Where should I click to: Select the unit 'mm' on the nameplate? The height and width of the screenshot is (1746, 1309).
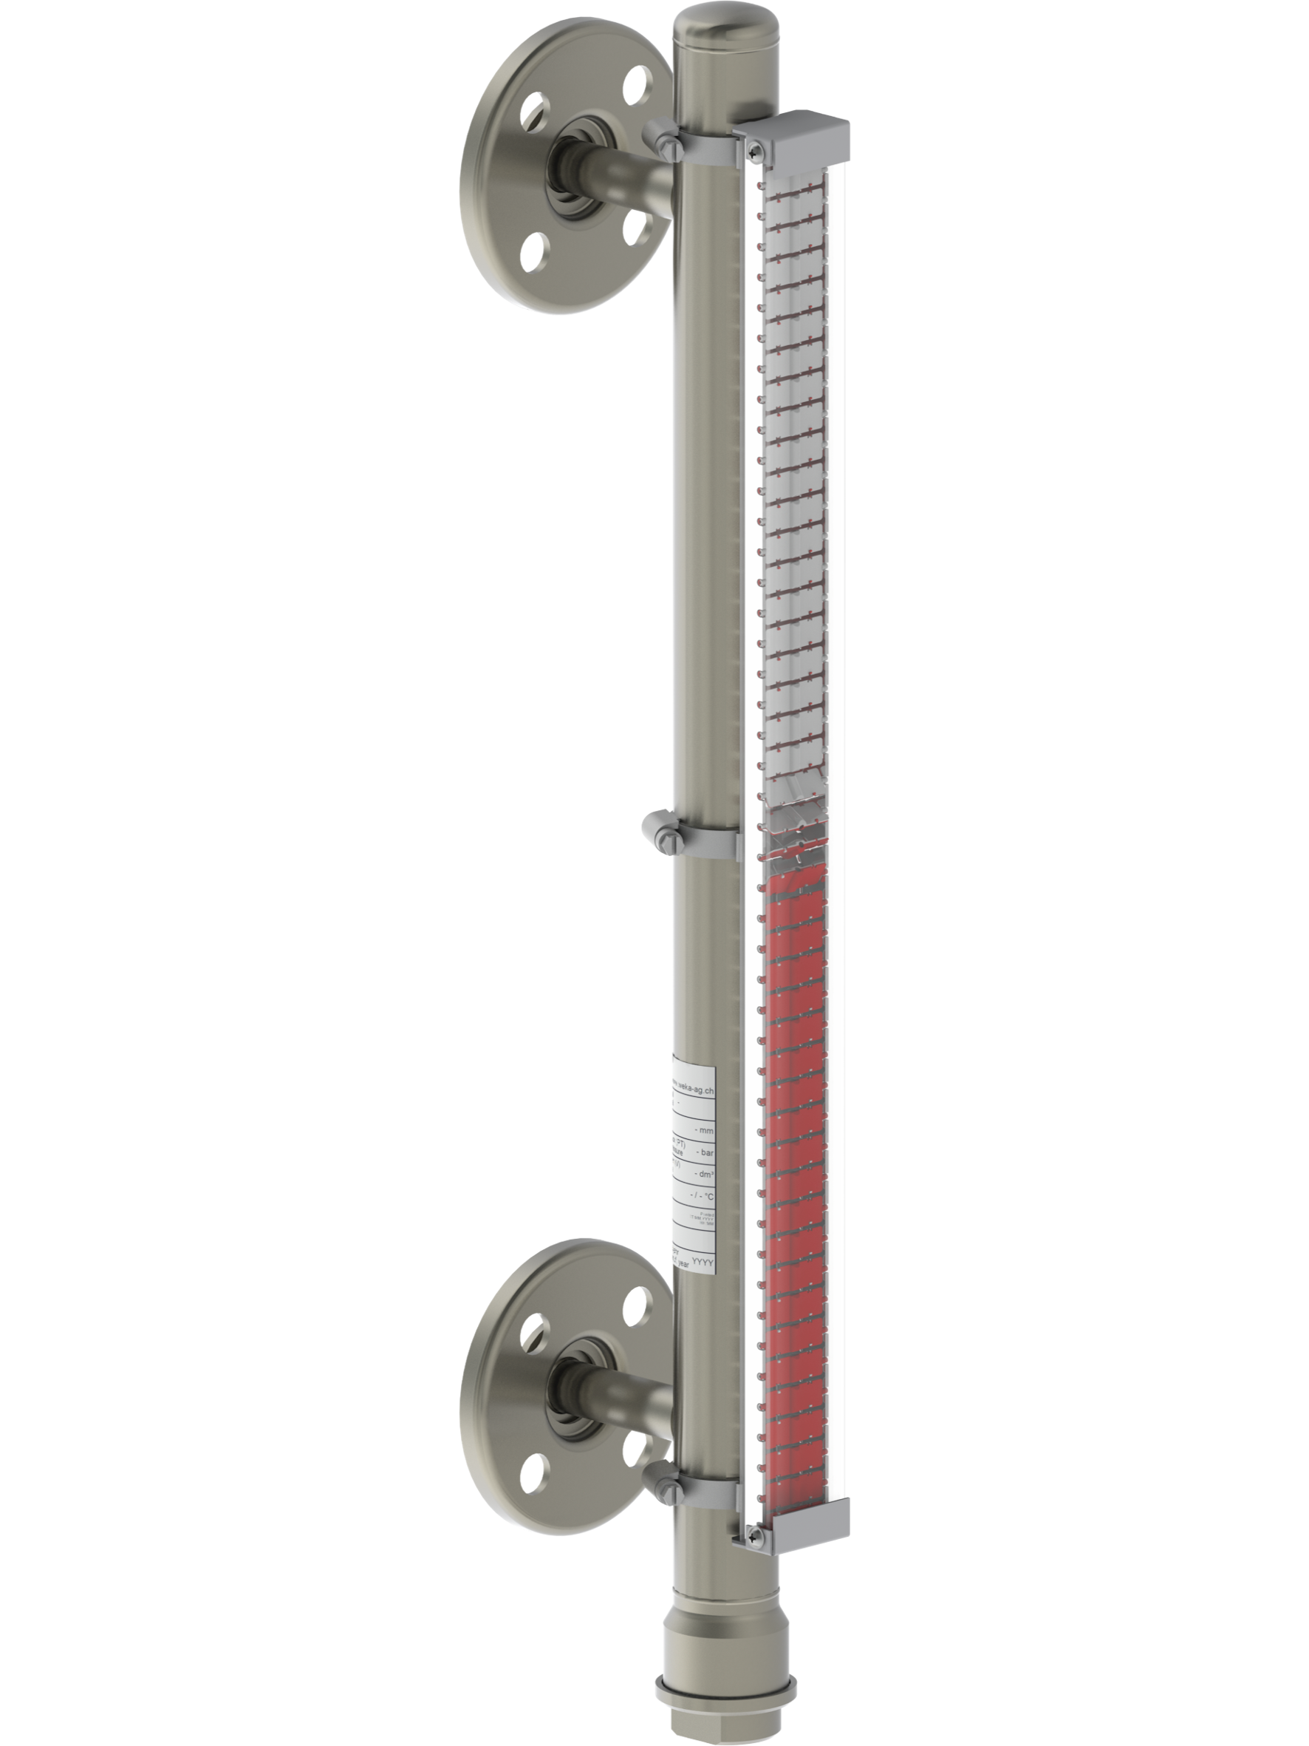[x=706, y=1130]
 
